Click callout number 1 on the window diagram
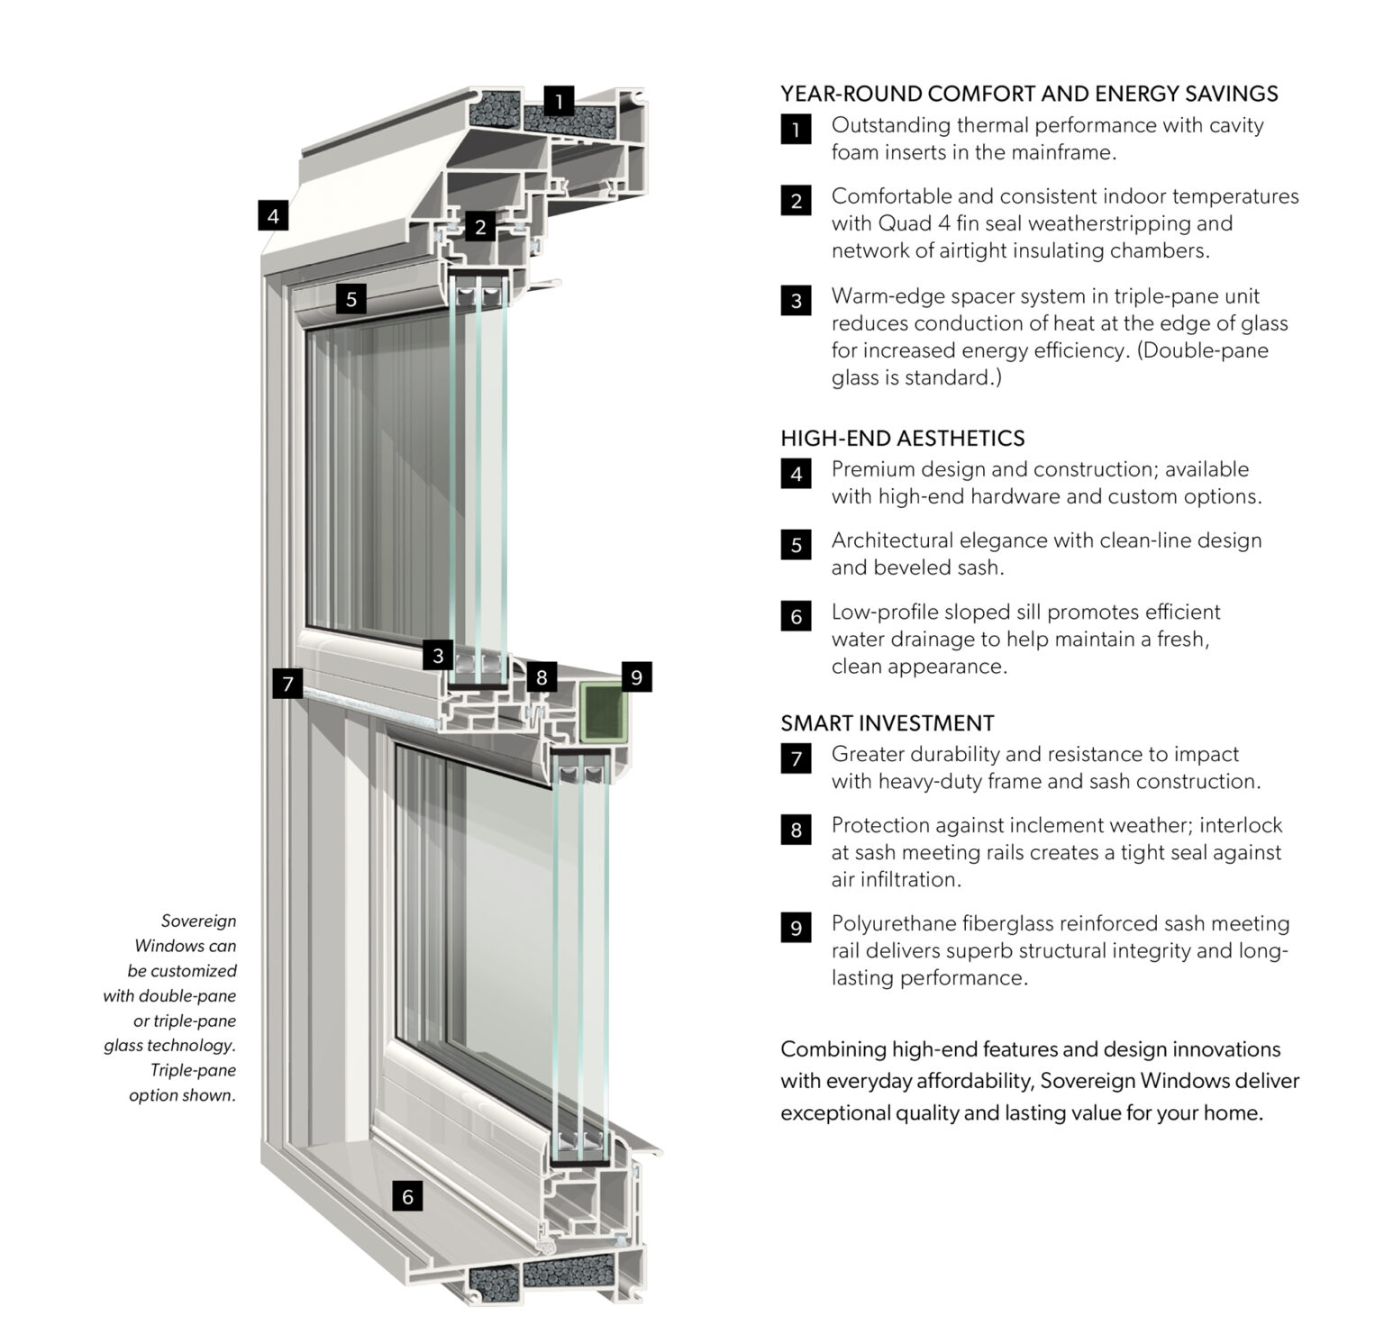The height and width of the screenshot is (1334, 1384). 559,101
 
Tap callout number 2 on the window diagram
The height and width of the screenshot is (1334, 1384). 480,227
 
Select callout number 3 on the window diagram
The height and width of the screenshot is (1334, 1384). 438,655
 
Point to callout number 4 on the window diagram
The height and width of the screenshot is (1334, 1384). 273,215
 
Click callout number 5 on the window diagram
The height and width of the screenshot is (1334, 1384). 351,299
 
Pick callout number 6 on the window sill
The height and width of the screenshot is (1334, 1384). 407,1196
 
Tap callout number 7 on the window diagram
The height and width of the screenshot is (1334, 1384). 287,684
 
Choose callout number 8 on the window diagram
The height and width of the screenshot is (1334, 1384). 541,676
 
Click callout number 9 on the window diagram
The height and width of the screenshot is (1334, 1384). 636,676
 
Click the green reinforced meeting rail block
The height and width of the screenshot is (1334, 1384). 601,712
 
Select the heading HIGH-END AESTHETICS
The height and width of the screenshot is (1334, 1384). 902,439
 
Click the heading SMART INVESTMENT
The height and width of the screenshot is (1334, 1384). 887,723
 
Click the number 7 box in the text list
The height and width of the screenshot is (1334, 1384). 796,758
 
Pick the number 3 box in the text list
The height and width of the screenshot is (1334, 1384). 796,301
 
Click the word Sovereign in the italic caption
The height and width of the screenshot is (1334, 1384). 198,921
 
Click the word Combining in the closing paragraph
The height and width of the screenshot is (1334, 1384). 833,1049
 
